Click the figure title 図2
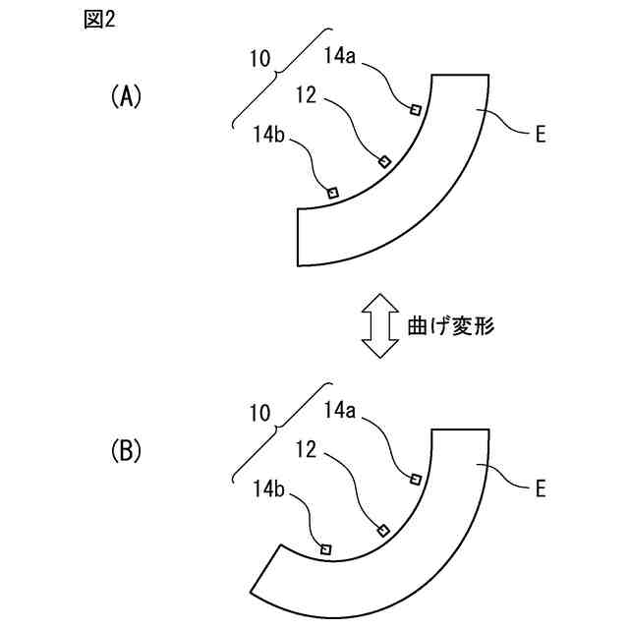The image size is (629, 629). click(100, 22)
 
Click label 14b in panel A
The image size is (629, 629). click(267, 136)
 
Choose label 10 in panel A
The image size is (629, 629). click(259, 59)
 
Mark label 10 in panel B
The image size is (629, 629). click(259, 414)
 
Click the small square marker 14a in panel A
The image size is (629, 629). click(416, 110)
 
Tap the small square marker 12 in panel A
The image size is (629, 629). click(384, 160)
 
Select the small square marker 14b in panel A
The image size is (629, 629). click(332, 193)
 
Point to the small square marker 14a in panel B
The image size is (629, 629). click(416, 479)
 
